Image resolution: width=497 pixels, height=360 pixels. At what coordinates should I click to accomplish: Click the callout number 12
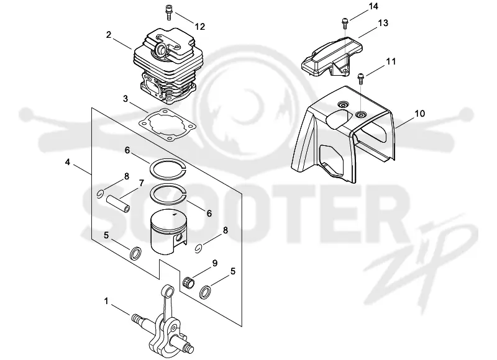tap(200, 26)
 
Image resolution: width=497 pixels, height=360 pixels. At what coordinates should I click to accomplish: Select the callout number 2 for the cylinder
tap(109, 35)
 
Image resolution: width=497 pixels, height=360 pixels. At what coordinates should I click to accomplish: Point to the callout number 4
tap(67, 162)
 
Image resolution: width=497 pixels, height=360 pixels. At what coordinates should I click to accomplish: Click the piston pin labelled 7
tap(119, 204)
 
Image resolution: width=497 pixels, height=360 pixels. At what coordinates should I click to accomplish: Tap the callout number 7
tap(142, 183)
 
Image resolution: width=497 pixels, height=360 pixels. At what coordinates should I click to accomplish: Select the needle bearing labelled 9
tap(189, 280)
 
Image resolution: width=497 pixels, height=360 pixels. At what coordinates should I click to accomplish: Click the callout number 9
tap(214, 263)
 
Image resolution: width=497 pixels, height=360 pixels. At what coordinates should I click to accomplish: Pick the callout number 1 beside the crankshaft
tap(106, 301)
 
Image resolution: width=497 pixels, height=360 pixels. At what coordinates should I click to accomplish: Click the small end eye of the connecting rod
tap(169, 290)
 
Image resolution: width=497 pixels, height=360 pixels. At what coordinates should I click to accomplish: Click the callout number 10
tap(420, 114)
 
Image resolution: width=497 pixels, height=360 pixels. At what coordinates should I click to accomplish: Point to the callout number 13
tap(383, 23)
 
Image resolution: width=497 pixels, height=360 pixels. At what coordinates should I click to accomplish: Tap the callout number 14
tap(373, 6)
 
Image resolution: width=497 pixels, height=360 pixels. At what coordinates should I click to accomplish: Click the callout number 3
tap(125, 99)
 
